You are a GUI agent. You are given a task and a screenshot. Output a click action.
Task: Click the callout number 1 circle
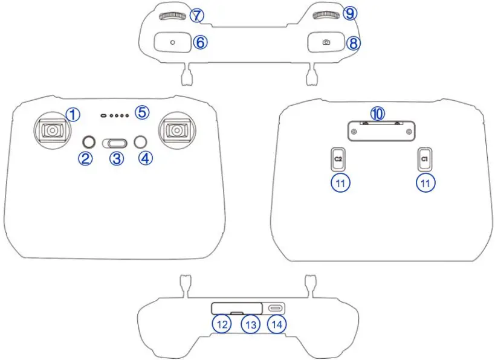click(73, 113)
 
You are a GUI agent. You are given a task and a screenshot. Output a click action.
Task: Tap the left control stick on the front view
click(53, 130)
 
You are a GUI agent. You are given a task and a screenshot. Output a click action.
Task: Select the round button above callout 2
click(89, 142)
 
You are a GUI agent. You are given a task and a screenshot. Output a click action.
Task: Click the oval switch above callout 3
click(115, 143)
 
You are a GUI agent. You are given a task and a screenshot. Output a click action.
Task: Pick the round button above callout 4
click(141, 142)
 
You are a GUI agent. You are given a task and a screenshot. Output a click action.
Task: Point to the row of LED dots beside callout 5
click(115, 114)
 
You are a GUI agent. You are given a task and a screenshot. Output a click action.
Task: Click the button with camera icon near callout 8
click(326, 42)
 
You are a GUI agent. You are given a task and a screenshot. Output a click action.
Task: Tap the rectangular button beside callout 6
click(172, 42)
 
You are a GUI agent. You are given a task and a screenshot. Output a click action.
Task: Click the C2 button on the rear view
click(338, 158)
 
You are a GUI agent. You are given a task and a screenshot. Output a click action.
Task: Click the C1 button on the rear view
click(425, 158)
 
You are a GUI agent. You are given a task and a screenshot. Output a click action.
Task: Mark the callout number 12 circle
click(222, 324)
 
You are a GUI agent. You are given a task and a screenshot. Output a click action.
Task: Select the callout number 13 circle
click(250, 324)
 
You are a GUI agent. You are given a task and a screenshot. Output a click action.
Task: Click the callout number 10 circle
click(378, 113)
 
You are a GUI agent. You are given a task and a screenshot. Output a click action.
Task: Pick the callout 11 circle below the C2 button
click(341, 183)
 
